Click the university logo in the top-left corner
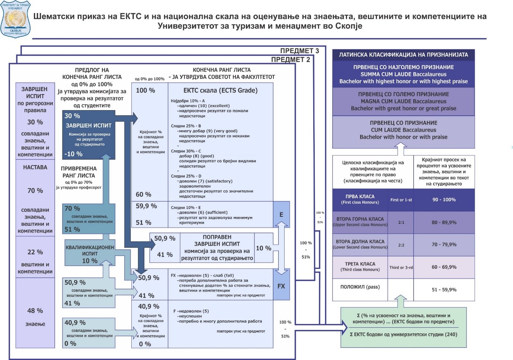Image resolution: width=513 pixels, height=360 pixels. tap(15, 19)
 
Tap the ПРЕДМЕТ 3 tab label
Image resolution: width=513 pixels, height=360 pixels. tap(299, 51)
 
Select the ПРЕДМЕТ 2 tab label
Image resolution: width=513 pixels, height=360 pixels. tap(290, 60)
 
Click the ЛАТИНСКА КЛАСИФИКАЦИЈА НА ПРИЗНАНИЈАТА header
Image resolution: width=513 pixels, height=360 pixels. tap(403, 55)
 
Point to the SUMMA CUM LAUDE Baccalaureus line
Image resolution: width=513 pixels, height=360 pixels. tap(403, 74)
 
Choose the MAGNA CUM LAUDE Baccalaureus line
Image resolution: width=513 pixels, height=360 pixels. tap(403, 101)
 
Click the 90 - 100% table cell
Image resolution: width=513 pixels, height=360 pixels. tap(444, 200)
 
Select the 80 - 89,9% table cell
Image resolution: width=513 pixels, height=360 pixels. tap(444, 222)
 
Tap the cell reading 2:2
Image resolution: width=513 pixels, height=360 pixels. tap(401, 245)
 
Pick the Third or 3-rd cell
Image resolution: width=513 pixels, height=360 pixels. tap(401, 267)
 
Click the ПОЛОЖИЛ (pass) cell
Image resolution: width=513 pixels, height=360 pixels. tap(360, 287)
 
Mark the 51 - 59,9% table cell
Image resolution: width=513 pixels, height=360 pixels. tap(444, 290)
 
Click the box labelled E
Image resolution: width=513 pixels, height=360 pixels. tap(281, 215)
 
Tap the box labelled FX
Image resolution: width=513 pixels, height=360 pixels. tap(281, 286)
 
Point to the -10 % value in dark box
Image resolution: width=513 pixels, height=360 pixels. tap(73, 154)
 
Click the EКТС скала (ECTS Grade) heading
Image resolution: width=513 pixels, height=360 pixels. tap(220, 90)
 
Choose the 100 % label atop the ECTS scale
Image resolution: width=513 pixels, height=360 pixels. tap(145, 90)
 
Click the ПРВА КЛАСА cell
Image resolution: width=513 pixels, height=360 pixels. tap(360, 199)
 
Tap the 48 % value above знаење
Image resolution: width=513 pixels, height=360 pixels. tap(35, 311)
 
